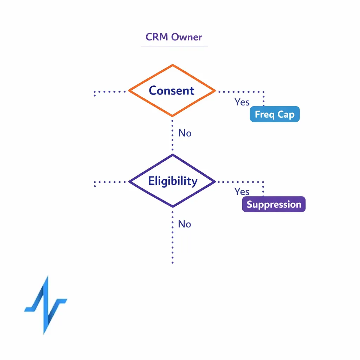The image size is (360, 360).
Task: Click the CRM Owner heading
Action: (x=174, y=37)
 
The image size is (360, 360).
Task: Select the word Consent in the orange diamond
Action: (x=172, y=91)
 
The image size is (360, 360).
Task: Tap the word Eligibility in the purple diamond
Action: (x=173, y=181)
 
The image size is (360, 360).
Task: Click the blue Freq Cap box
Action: (x=275, y=114)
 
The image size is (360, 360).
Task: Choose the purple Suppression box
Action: (x=274, y=204)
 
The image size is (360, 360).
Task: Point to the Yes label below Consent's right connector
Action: (x=242, y=102)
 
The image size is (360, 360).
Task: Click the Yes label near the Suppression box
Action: (x=242, y=192)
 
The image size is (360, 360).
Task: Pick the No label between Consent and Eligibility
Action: (x=185, y=133)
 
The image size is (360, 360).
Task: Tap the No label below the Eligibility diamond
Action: (x=185, y=224)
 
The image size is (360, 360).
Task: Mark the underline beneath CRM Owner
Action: (x=174, y=46)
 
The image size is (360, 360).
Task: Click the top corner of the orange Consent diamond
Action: (x=172, y=65)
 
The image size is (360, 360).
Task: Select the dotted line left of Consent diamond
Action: (x=110, y=92)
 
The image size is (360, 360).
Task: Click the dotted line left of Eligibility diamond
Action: (x=110, y=182)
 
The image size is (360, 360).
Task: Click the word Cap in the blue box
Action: (x=286, y=115)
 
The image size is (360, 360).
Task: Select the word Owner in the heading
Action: (x=188, y=37)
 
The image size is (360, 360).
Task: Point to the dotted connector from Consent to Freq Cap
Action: (x=243, y=92)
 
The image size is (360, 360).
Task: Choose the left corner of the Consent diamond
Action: (x=130, y=91)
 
